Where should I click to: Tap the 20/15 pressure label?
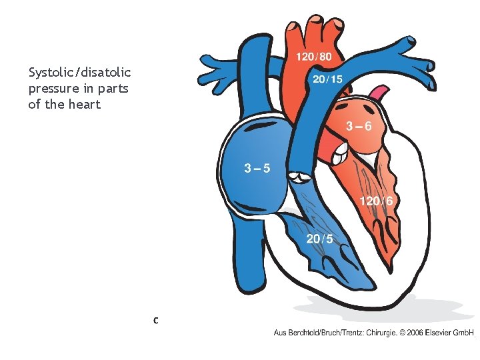pyautogui.click(x=328, y=79)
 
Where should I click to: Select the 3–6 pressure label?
pyautogui.click(x=357, y=126)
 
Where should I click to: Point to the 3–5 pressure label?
pyautogui.click(x=257, y=168)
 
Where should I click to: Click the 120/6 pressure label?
pyautogui.click(x=376, y=201)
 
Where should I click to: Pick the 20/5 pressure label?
pyautogui.click(x=320, y=239)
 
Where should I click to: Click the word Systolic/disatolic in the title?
pyautogui.click(x=80, y=71)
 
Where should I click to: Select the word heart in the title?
pyautogui.click(x=85, y=105)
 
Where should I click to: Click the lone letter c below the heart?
pyautogui.click(x=155, y=321)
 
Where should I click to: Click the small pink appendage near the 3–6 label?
pyautogui.click(x=379, y=92)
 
